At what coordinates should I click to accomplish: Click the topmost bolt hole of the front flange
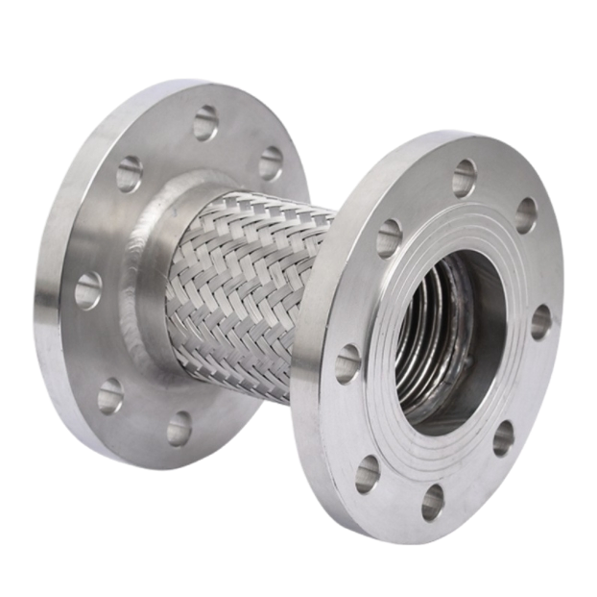[465, 178]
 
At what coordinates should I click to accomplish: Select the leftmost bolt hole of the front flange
[347, 363]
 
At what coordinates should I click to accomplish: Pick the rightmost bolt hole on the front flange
[541, 322]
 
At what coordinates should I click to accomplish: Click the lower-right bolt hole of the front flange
[504, 437]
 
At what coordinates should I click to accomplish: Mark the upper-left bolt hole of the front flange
[389, 237]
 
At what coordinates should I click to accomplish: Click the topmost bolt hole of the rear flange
[205, 122]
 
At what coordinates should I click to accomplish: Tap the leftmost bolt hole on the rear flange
[88, 289]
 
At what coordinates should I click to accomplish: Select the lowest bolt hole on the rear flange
[179, 428]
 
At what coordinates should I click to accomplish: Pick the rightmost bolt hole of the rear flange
[271, 163]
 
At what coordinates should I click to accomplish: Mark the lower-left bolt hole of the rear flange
[110, 394]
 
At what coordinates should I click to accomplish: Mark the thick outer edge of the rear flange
[46, 317]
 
